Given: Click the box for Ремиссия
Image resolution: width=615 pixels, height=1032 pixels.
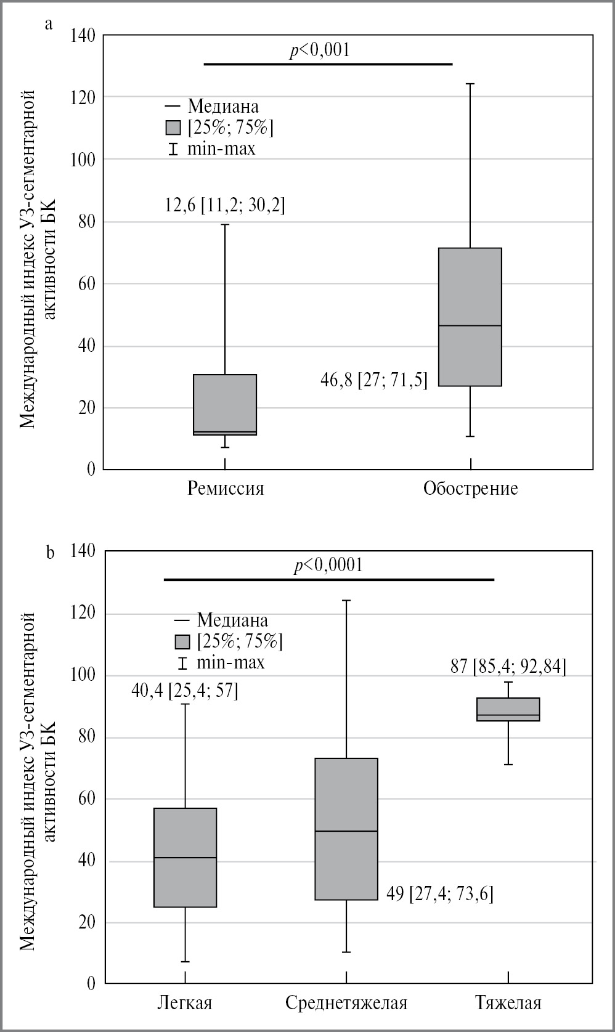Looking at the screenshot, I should (x=225, y=404).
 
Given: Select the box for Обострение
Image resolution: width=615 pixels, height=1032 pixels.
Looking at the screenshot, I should (x=470, y=317).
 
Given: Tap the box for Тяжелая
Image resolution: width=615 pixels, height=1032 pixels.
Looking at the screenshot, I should (x=508, y=709).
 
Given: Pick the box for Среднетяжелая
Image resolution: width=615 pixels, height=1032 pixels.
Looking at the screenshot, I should (x=346, y=829).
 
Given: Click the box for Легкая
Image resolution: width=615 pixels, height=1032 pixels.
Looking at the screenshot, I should (x=185, y=857).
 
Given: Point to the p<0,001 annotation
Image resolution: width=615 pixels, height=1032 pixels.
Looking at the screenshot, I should (x=320, y=50).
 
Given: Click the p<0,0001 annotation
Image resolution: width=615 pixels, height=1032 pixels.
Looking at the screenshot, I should (x=328, y=565).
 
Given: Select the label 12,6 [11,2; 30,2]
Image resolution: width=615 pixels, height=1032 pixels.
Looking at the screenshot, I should (x=225, y=205).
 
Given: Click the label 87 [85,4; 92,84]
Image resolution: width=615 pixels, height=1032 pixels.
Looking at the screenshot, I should (x=508, y=667).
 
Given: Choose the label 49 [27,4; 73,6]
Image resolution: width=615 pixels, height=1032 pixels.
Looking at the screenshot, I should (x=439, y=893).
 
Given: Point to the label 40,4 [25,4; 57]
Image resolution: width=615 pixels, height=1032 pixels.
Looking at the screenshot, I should (x=184, y=691).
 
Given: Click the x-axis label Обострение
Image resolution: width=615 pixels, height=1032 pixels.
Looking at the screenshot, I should (x=470, y=489).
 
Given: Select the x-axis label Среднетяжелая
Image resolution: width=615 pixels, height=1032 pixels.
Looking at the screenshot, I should (x=346, y=1003).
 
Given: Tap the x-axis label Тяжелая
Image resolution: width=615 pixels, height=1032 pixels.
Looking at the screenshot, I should (x=508, y=1003).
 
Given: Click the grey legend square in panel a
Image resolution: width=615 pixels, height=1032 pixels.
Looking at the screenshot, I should (x=174, y=128).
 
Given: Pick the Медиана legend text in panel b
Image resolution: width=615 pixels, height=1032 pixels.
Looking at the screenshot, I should (x=232, y=620).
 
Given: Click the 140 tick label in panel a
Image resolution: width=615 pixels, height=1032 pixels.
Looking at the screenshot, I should (x=83, y=36).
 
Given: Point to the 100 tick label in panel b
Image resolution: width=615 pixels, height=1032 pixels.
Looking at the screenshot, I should (x=83, y=675).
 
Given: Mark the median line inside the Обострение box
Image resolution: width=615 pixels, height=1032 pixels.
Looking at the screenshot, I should (x=470, y=325).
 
